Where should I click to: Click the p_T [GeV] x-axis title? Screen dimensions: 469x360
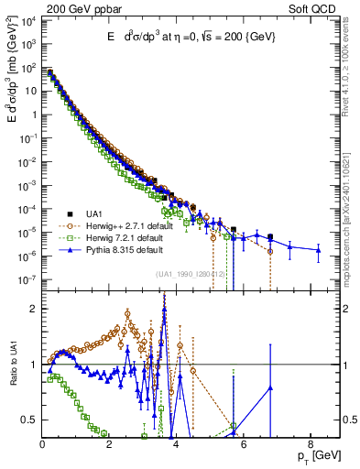click(x=315, y=455)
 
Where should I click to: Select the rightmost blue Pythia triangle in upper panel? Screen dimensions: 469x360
click(x=318, y=249)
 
